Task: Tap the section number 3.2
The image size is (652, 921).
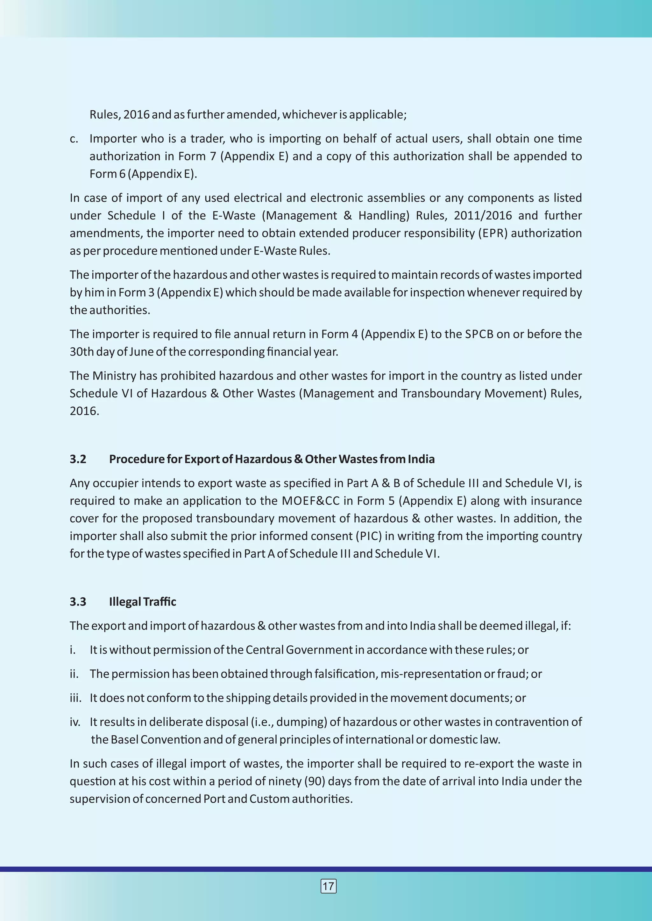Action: tap(78, 459)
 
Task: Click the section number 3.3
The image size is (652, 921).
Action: tap(78, 602)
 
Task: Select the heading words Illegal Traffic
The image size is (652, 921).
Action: tap(143, 602)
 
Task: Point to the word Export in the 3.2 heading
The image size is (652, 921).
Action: tap(202, 459)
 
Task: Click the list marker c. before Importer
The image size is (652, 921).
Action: tap(74, 139)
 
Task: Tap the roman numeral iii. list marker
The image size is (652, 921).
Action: tap(75, 698)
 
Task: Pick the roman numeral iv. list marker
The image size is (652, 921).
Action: tap(75, 722)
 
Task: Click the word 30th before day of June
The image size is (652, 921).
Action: tap(82, 352)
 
